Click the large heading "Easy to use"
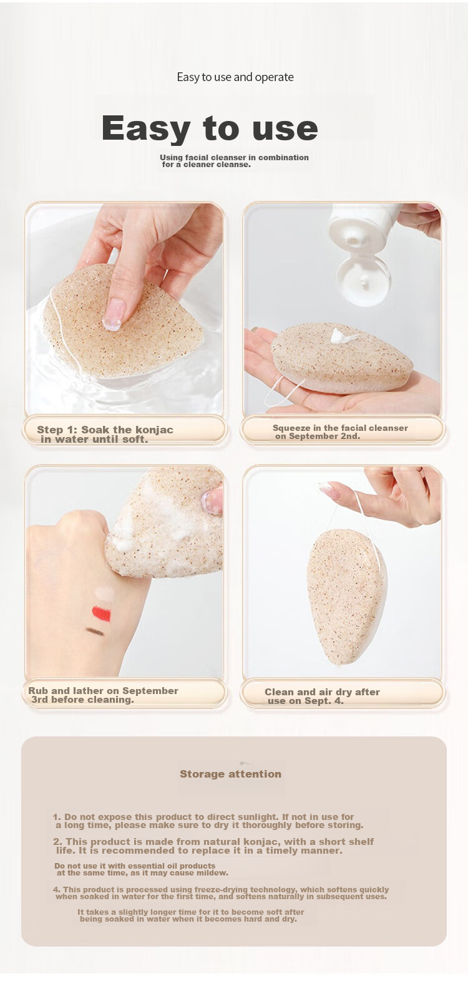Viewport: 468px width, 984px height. (210, 128)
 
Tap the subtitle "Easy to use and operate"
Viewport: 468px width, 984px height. (235, 77)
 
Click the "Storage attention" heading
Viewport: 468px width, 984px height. (230, 774)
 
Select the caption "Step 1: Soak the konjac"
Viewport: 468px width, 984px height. (105, 430)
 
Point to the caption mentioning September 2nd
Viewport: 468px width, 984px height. (340, 432)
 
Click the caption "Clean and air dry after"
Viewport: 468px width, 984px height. (322, 692)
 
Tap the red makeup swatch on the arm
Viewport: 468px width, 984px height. (101, 614)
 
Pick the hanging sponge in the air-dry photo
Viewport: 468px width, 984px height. (347, 596)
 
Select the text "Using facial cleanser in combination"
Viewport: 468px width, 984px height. (234, 157)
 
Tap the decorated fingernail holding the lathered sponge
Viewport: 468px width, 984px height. (212, 501)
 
